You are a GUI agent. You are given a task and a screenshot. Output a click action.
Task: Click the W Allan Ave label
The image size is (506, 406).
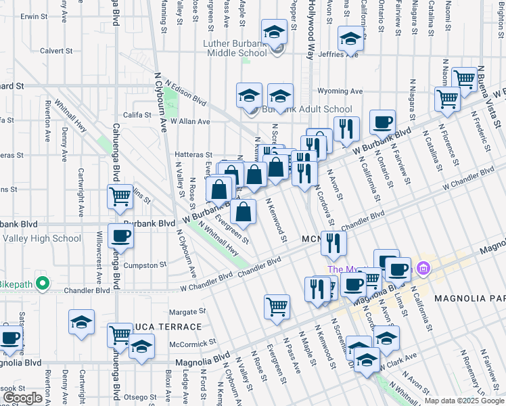(x=190, y=122)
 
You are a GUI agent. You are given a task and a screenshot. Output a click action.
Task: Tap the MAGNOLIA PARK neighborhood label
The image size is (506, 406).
(x=470, y=298)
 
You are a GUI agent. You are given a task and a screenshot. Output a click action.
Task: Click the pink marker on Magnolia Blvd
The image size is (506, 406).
(x=423, y=269)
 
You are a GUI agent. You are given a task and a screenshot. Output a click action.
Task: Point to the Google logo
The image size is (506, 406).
(x=23, y=398)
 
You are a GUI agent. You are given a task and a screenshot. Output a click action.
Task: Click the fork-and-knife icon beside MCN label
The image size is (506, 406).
(x=333, y=243)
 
